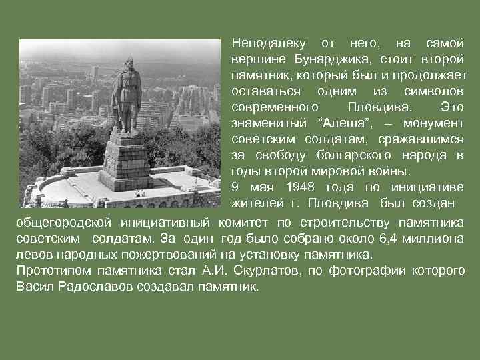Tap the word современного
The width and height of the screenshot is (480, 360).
(274, 107)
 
